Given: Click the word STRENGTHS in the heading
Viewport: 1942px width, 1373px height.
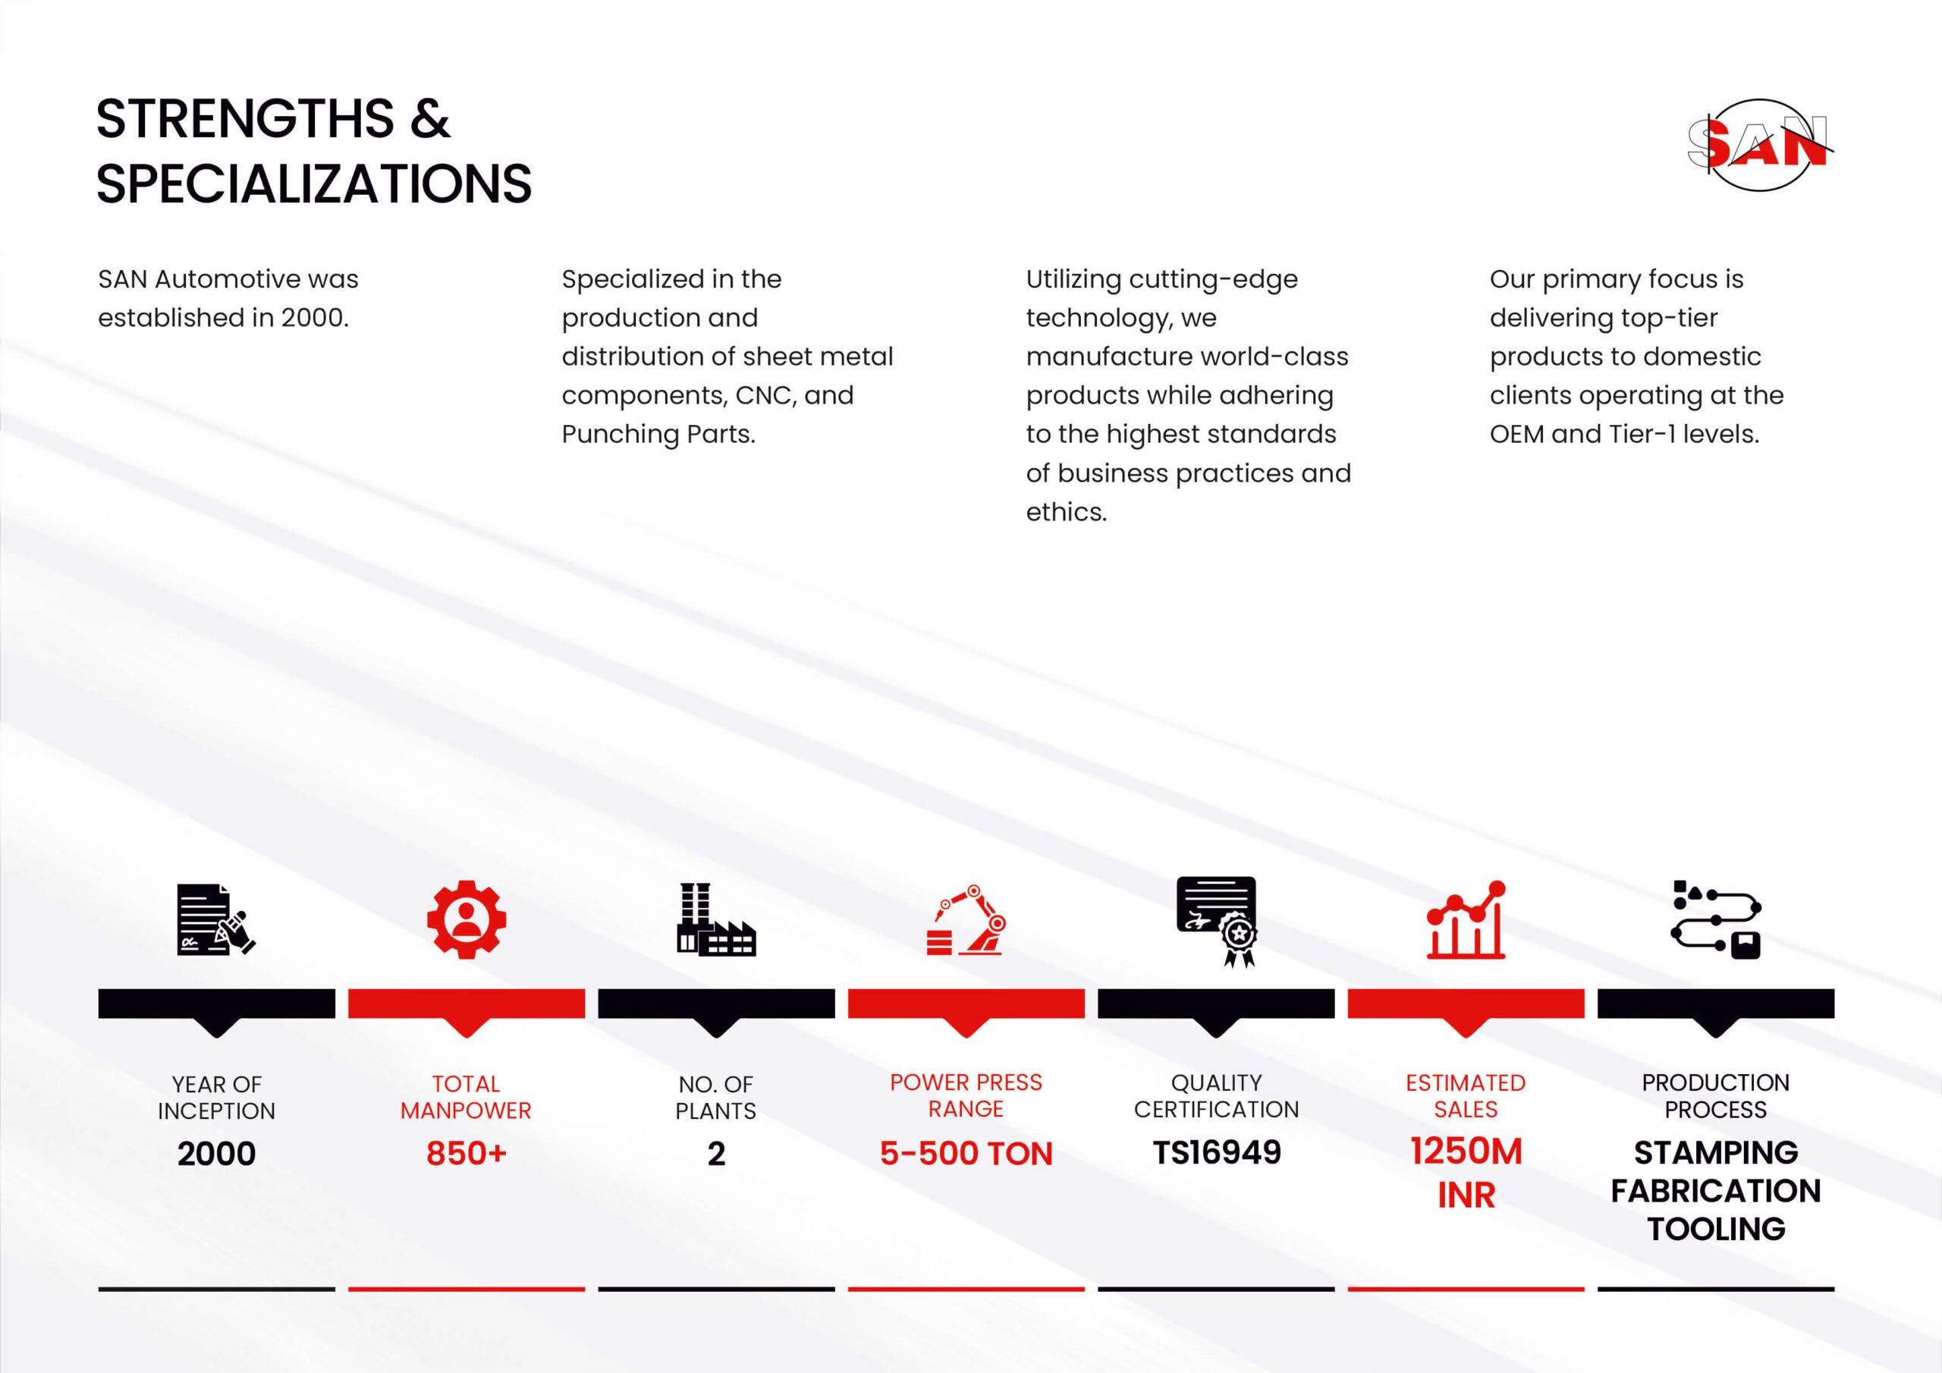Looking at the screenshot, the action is tap(245, 118).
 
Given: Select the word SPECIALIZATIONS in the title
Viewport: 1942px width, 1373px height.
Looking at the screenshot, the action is tap(314, 184).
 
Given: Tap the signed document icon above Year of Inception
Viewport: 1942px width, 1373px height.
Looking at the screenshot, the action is tap(215, 919).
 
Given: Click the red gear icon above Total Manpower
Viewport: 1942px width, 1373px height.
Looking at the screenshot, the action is tap(466, 919).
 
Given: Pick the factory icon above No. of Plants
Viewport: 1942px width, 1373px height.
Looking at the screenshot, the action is tap(716, 919).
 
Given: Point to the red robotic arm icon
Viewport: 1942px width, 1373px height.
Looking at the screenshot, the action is tap(966, 920).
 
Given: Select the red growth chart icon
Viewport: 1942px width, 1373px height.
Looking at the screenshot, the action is tap(1466, 919).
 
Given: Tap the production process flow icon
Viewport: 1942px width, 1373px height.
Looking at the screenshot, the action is tap(1716, 919).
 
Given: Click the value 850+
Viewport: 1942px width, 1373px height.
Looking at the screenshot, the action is tap(466, 1153).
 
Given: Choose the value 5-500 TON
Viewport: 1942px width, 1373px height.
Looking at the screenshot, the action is tap(966, 1153).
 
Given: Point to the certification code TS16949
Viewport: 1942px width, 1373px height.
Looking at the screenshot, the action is tap(1216, 1152).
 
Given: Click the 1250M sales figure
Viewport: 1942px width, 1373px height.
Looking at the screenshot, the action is tap(1466, 1151).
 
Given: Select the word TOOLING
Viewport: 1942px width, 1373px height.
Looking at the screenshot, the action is tap(1716, 1228).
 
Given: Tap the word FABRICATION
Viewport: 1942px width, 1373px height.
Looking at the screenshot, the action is tap(1716, 1190).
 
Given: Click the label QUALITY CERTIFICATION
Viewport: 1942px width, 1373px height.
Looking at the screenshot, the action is tap(1216, 1095).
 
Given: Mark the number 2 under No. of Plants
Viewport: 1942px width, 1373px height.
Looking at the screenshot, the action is tap(716, 1154).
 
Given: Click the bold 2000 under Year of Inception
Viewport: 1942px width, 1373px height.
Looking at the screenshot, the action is tap(216, 1154).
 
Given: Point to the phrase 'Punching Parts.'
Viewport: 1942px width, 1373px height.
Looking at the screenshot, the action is tap(658, 434).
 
